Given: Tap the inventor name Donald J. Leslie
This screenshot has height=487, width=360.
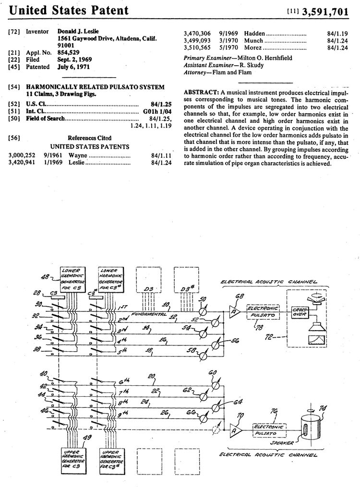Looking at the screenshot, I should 78,31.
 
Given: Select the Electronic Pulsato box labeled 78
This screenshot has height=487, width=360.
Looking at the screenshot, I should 263,310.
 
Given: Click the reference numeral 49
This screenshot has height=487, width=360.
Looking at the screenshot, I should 87,437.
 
